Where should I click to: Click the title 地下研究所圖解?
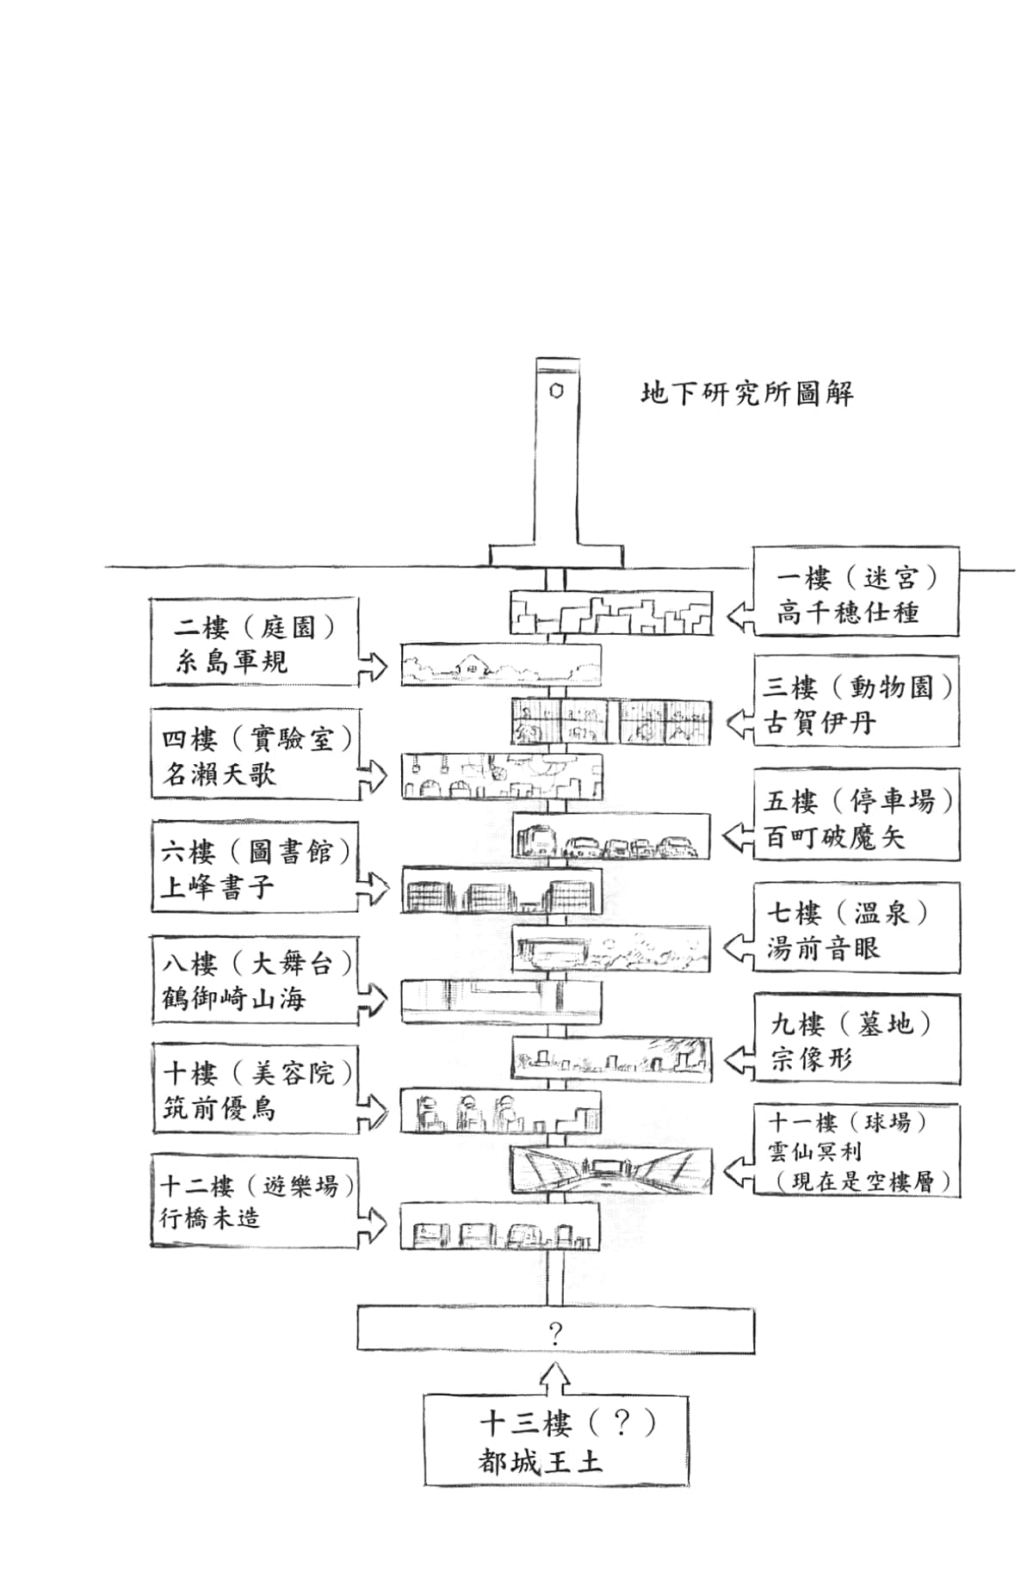(x=747, y=394)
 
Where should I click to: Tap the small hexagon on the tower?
(x=557, y=391)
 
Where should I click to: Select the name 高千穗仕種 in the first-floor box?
(x=847, y=613)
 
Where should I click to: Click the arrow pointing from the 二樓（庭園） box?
(x=373, y=664)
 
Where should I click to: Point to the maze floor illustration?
(x=611, y=613)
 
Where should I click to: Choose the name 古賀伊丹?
(x=820, y=723)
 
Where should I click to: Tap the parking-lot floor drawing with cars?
(x=612, y=836)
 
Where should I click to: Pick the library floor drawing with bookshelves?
(x=501, y=891)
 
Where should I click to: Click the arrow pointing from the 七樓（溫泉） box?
(x=738, y=949)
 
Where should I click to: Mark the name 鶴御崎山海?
(x=233, y=999)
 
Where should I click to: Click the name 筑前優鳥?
(x=220, y=1108)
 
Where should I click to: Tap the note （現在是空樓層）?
(x=858, y=1181)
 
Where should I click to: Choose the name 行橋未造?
(x=210, y=1218)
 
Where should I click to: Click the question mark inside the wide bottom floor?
(x=555, y=1334)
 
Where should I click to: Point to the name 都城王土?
(x=541, y=1462)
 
